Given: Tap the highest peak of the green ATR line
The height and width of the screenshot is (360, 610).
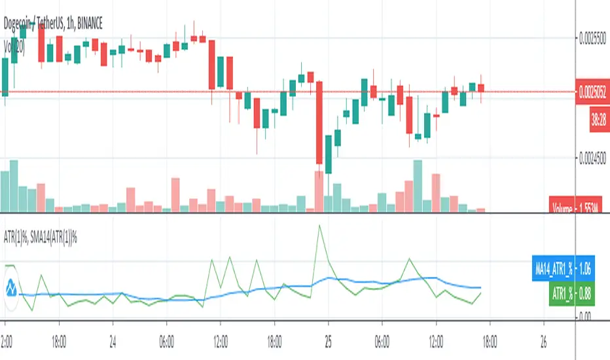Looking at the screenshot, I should click(x=319, y=226).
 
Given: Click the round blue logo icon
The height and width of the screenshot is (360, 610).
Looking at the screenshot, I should click(x=10, y=287).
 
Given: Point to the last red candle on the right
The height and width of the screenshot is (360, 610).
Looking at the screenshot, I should click(x=481, y=88).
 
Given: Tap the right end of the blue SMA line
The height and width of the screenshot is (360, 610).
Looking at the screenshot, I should click(x=481, y=287).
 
